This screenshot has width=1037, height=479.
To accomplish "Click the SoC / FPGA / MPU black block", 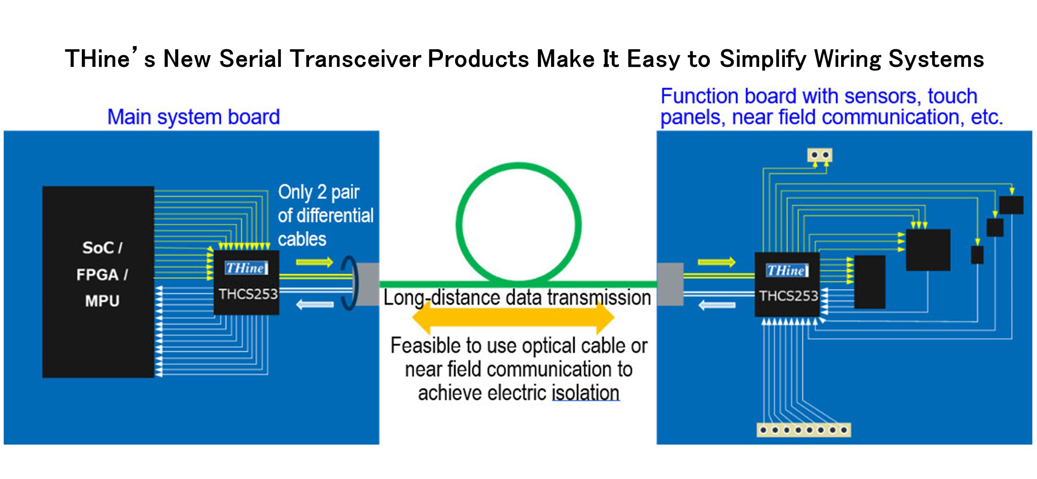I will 98,282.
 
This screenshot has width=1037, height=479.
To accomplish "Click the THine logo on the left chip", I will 246,268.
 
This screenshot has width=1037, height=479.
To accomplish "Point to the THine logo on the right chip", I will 787,270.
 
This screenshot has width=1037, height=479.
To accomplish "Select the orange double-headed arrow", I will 513,318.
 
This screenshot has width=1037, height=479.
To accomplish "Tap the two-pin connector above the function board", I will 820,155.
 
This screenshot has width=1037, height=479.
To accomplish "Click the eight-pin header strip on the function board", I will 804,429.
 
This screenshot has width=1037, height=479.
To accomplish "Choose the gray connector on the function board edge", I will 670,284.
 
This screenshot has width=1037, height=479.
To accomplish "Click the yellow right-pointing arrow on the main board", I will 314,262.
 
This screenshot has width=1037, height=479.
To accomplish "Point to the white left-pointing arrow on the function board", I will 717,305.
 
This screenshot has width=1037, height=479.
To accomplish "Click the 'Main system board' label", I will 193,117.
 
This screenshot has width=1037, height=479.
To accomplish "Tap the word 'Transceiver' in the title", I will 356,59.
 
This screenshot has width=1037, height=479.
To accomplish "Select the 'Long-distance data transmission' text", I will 517,298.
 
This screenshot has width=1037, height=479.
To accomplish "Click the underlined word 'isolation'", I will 585,393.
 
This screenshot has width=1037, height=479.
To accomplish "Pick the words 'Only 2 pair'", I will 319,193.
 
